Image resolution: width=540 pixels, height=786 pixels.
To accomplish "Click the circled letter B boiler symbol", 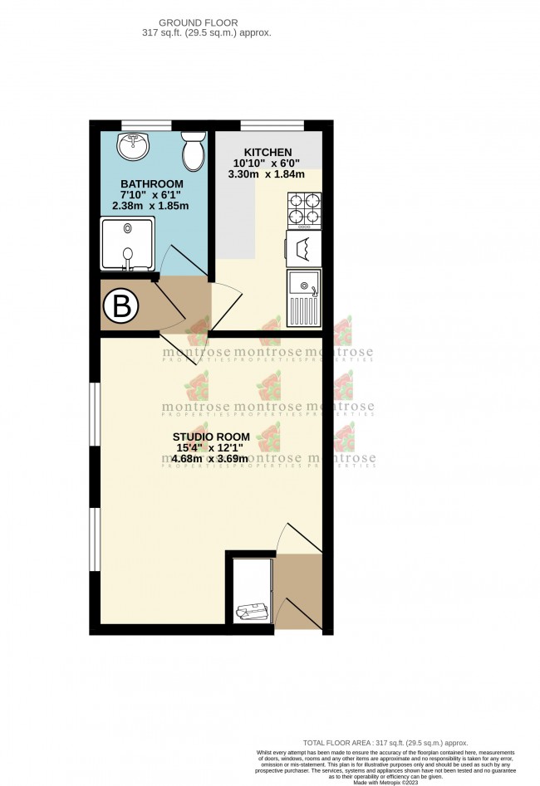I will pos(121,309).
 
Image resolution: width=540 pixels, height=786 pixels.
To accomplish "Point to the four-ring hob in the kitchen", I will pos(304,210).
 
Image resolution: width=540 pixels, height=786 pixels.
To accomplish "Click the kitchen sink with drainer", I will pos(304,297).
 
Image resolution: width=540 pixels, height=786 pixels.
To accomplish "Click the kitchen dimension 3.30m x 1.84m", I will pos(266,174).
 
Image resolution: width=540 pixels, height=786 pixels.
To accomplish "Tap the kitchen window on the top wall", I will pos(271,125).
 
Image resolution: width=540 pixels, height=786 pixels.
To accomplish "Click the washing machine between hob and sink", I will pos(303,247).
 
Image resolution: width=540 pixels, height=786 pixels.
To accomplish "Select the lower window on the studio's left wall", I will pos(96,537).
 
